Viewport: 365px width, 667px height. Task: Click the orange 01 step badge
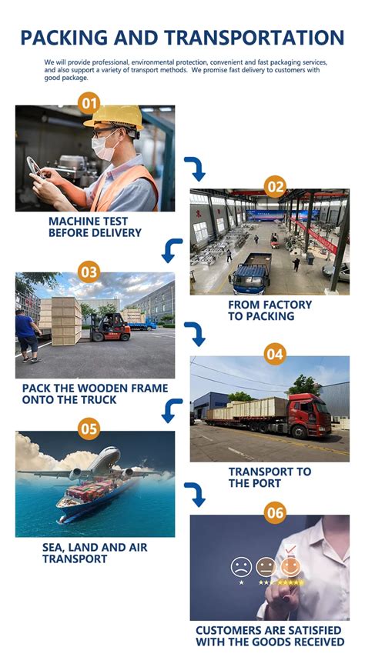(89, 104)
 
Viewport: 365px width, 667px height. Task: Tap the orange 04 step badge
(275, 354)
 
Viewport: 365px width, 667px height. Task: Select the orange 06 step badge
(275, 513)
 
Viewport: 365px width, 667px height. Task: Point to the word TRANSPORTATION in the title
(255, 38)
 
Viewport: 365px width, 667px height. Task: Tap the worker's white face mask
(105, 147)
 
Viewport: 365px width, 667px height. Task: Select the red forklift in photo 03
(109, 327)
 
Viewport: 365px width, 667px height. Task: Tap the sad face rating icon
(241, 567)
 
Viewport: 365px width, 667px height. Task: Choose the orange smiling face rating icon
(290, 567)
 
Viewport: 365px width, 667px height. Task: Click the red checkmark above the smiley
(290, 549)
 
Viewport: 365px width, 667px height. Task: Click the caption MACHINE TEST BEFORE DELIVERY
(95, 227)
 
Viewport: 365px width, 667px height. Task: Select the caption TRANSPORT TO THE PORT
(270, 478)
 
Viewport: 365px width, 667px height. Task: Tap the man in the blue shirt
(27, 336)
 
